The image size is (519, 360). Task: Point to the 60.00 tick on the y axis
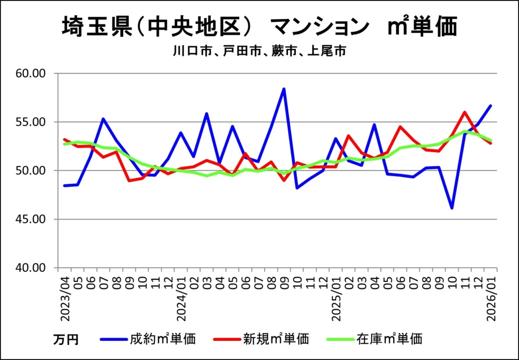[31, 74]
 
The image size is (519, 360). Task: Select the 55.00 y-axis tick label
[31, 122]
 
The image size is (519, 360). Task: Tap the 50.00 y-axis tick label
[31, 171]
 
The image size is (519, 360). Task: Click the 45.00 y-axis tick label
[31, 220]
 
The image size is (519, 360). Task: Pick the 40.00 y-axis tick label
[31, 268]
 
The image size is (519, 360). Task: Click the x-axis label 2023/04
[65, 297]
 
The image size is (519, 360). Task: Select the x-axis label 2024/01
[181, 297]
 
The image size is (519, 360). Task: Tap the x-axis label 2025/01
[336, 297]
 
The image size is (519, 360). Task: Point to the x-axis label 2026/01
[491, 297]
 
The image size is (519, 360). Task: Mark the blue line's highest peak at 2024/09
[284, 89]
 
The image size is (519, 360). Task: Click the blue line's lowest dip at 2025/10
[452, 208]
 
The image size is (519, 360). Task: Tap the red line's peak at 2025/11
[465, 112]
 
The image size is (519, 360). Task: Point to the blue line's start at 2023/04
[64, 186]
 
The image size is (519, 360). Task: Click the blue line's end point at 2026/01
[491, 105]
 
